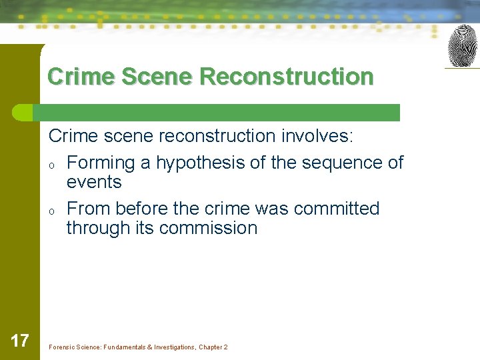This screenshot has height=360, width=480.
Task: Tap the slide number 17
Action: (x=20, y=341)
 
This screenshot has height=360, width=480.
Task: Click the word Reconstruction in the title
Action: (x=287, y=77)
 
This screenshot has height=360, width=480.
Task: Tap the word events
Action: (x=94, y=182)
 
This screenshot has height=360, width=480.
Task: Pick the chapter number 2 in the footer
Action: (x=225, y=347)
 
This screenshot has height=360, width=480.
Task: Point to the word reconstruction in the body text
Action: (x=215, y=136)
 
